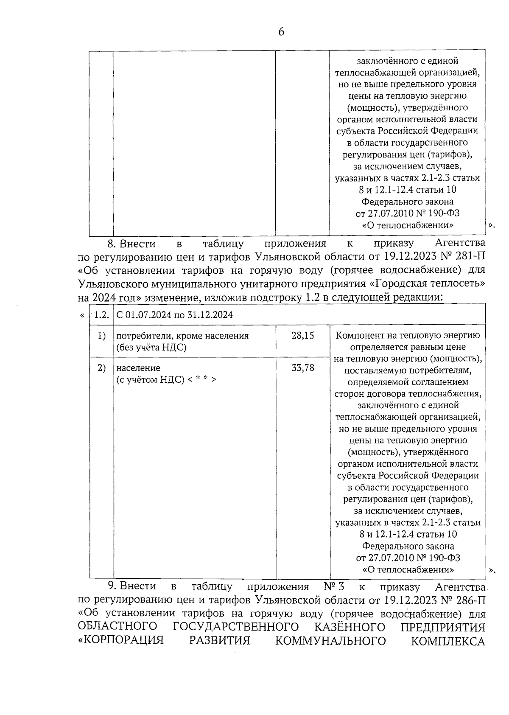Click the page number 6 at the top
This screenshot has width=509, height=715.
(281, 32)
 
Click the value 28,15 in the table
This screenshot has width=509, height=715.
(303, 336)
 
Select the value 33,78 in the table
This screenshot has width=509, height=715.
(303, 368)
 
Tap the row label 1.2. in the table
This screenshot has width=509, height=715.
(101, 315)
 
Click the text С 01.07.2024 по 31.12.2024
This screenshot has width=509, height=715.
(175, 315)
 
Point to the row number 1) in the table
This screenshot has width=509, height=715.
(101, 336)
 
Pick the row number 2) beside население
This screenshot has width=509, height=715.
(101, 368)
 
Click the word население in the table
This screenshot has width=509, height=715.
(138, 368)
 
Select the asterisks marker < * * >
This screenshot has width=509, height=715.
(202, 379)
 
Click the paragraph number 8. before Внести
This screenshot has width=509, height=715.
(112, 244)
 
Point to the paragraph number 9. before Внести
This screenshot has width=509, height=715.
(112, 587)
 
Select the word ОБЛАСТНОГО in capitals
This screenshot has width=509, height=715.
(117, 627)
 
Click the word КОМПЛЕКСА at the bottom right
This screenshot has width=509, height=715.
(448, 641)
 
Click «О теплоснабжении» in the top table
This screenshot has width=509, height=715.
(407, 225)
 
